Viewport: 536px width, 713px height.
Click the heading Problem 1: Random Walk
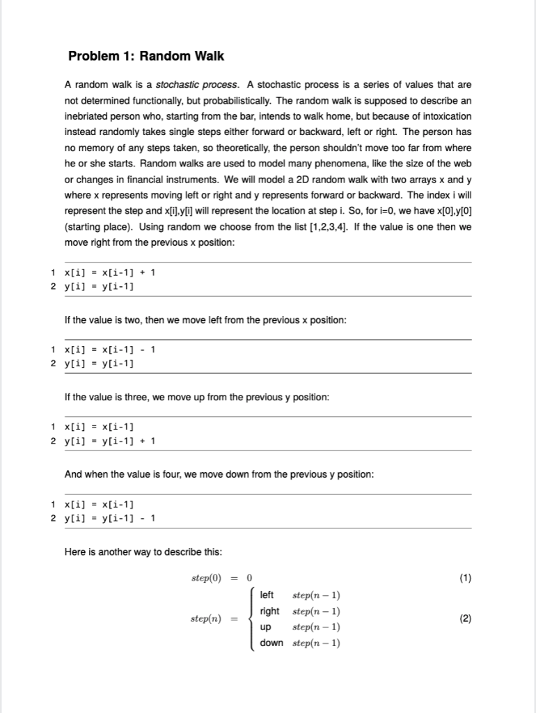[146, 56]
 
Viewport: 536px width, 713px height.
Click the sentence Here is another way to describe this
[143, 552]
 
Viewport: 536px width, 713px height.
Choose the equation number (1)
[465, 578]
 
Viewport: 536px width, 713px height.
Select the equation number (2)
[465, 618]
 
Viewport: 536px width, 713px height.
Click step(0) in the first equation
[206, 578]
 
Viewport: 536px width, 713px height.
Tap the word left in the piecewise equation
[267, 595]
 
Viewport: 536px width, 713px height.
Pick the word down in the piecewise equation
[271, 643]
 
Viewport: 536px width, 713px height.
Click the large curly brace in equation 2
[251, 618]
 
